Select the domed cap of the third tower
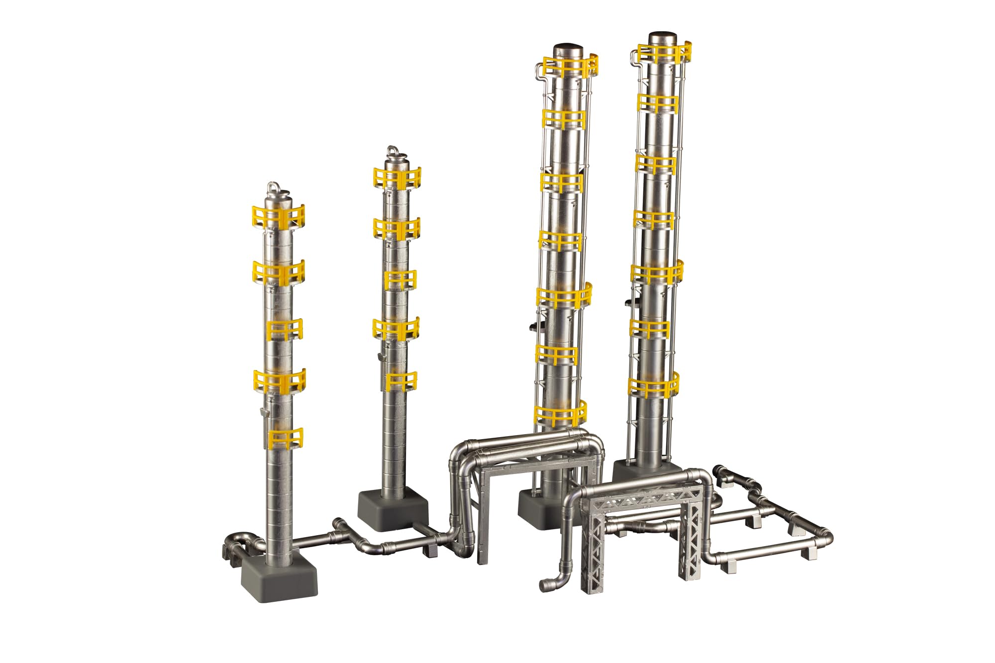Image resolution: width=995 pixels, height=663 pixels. point(569,50)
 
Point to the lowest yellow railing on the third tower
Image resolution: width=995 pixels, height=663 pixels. point(560,414)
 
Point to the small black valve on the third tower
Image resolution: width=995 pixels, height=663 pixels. point(533,327)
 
